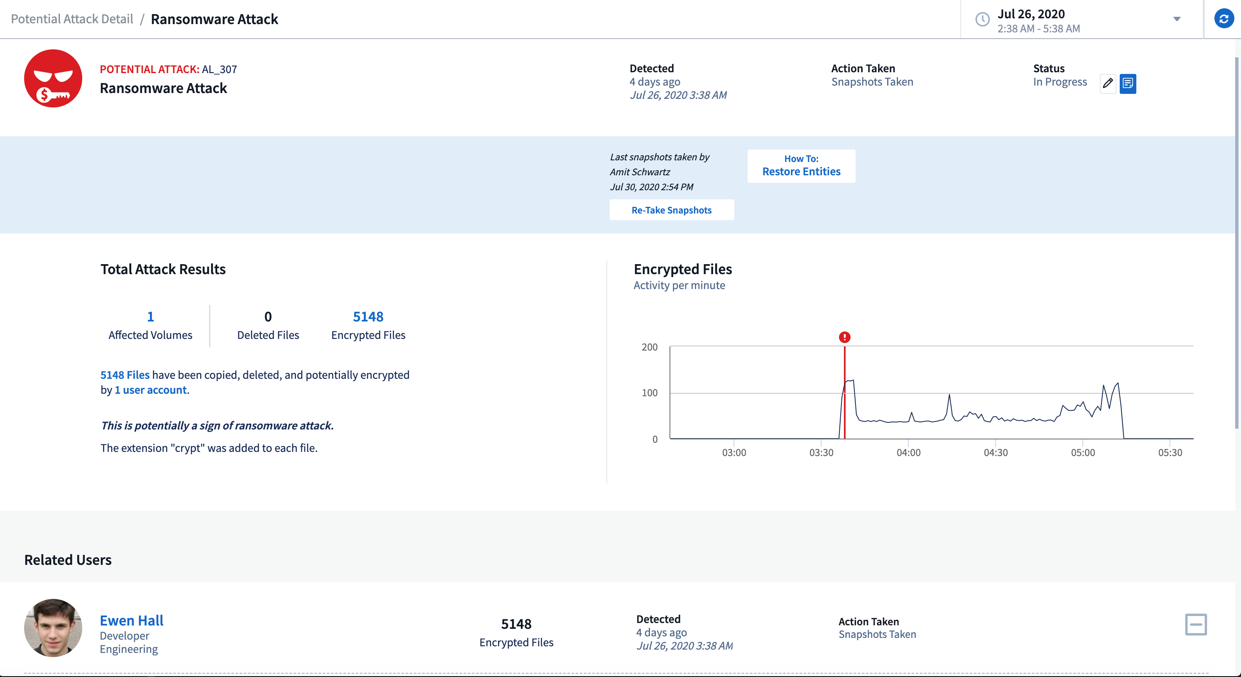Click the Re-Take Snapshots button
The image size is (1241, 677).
point(671,210)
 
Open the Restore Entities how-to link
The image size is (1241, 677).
point(801,166)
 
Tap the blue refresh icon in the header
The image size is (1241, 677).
point(1223,19)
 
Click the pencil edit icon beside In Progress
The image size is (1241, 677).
point(1108,83)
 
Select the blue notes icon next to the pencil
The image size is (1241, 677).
point(1127,83)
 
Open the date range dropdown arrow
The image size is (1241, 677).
point(1177,19)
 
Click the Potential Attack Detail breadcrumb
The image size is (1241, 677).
point(72,19)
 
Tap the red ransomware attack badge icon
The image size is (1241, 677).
point(53,78)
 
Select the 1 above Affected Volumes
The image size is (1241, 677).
point(150,316)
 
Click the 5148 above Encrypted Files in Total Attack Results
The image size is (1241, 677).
point(368,316)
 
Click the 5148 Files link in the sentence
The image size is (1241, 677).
point(125,375)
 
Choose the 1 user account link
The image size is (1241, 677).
point(150,390)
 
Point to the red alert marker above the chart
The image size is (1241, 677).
point(844,337)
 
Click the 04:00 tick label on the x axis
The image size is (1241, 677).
point(908,452)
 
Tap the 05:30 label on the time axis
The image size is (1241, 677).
point(1170,452)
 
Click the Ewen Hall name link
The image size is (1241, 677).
point(132,620)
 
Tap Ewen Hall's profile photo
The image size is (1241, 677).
point(53,628)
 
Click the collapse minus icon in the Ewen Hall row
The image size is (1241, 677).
point(1195,625)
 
